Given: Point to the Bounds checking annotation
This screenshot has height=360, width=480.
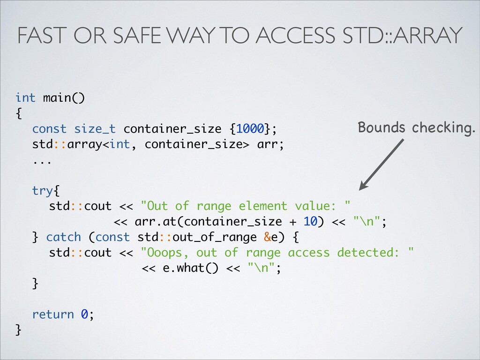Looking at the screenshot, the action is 416,127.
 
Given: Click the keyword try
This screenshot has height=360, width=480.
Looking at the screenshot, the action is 43,191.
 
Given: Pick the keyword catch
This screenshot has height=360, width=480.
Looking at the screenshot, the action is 64,237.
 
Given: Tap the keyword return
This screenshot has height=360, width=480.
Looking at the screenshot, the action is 53,314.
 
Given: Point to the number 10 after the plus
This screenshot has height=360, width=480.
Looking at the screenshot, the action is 310,222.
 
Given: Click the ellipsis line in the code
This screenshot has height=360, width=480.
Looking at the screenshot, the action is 41,159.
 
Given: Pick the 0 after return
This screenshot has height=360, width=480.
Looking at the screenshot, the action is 84,314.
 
